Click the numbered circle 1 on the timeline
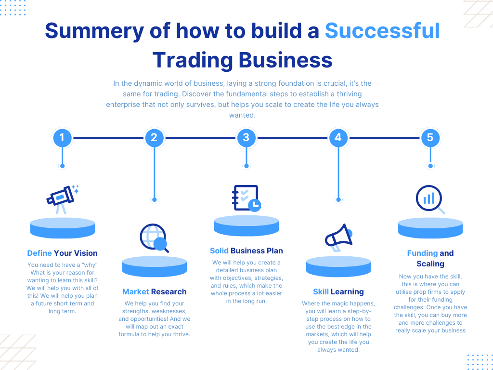coord(62,138)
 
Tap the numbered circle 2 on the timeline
coord(154,138)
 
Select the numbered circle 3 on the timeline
coord(246,138)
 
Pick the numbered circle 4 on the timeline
coord(338,138)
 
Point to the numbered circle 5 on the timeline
coord(430,138)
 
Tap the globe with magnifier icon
coord(154,238)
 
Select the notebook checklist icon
coord(246,198)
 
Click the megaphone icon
coord(338,237)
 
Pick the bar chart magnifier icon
coord(430,199)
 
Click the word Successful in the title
coord(382,31)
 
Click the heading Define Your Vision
coord(62,253)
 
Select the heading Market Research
coord(155,291)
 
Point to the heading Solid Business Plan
coord(246,251)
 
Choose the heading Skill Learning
coord(338,292)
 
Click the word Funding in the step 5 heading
coord(422,253)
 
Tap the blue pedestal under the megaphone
coord(338,267)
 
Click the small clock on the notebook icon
coord(255,205)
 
